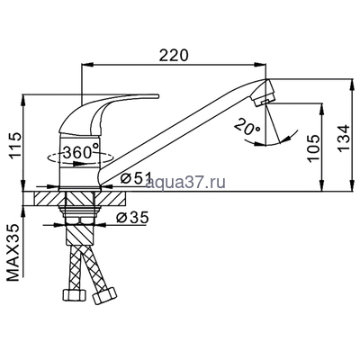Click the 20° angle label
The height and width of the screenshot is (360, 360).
(244, 128)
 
